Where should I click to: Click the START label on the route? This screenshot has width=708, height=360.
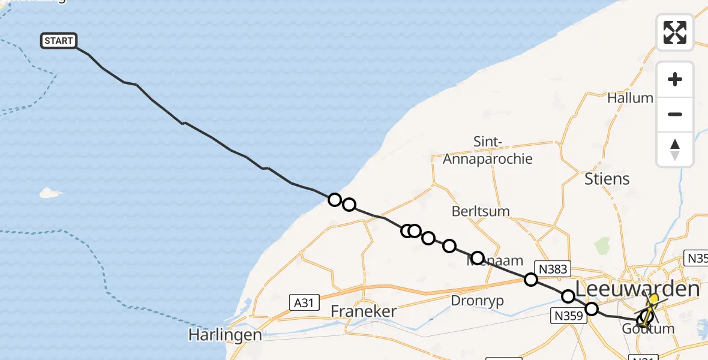tap(59, 41)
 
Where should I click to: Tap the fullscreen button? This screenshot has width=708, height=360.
tap(675, 32)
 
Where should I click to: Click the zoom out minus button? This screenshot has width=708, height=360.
tap(675, 114)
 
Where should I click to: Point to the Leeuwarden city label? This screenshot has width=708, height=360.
tap(637, 289)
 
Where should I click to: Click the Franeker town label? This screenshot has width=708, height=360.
tap(364, 311)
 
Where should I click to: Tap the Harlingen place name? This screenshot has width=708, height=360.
tap(225, 334)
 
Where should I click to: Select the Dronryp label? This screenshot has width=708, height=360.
tap(478, 300)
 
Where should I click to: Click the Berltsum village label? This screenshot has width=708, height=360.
tap(481, 211)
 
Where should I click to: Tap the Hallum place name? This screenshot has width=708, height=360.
tap(630, 98)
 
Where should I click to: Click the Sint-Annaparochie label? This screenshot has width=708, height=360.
tap(487, 151)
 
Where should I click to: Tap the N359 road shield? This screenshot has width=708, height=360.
tap(568, 316)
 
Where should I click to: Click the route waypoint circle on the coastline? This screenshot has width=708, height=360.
tap(335, 200)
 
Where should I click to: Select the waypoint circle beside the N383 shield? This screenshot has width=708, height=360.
tap(531, 279)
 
